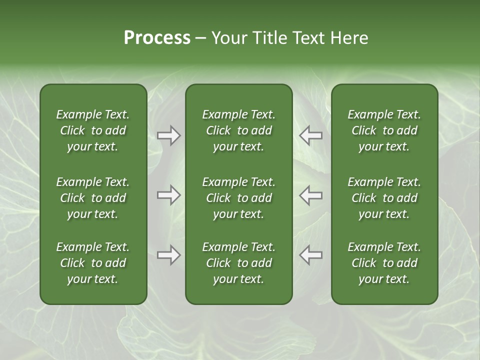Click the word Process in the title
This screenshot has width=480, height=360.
tap(157, 38)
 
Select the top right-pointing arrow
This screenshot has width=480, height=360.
tap(168, 135)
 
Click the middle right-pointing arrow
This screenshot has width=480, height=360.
tap(168, 195)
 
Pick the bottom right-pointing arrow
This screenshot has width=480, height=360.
tap(168, 255)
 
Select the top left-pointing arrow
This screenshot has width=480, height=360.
tap(311, 135)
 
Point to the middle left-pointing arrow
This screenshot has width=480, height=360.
tap(311, 195)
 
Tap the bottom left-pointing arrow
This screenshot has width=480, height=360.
tap(311, 255)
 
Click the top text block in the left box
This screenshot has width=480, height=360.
tap(93, 130)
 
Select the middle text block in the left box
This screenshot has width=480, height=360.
tap(93, 198)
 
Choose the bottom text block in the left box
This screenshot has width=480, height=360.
tap(93, 263)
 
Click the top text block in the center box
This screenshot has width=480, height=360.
tap(238, 130)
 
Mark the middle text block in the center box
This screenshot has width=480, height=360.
tap(238, 198)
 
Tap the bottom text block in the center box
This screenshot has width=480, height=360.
tap(238, 263)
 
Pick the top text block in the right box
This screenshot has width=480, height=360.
tap(384, 130)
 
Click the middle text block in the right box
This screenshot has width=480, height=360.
tap(384, 198)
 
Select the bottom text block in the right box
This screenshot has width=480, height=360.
tap(384, 263)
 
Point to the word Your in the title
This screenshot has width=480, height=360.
tap(228, 38)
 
